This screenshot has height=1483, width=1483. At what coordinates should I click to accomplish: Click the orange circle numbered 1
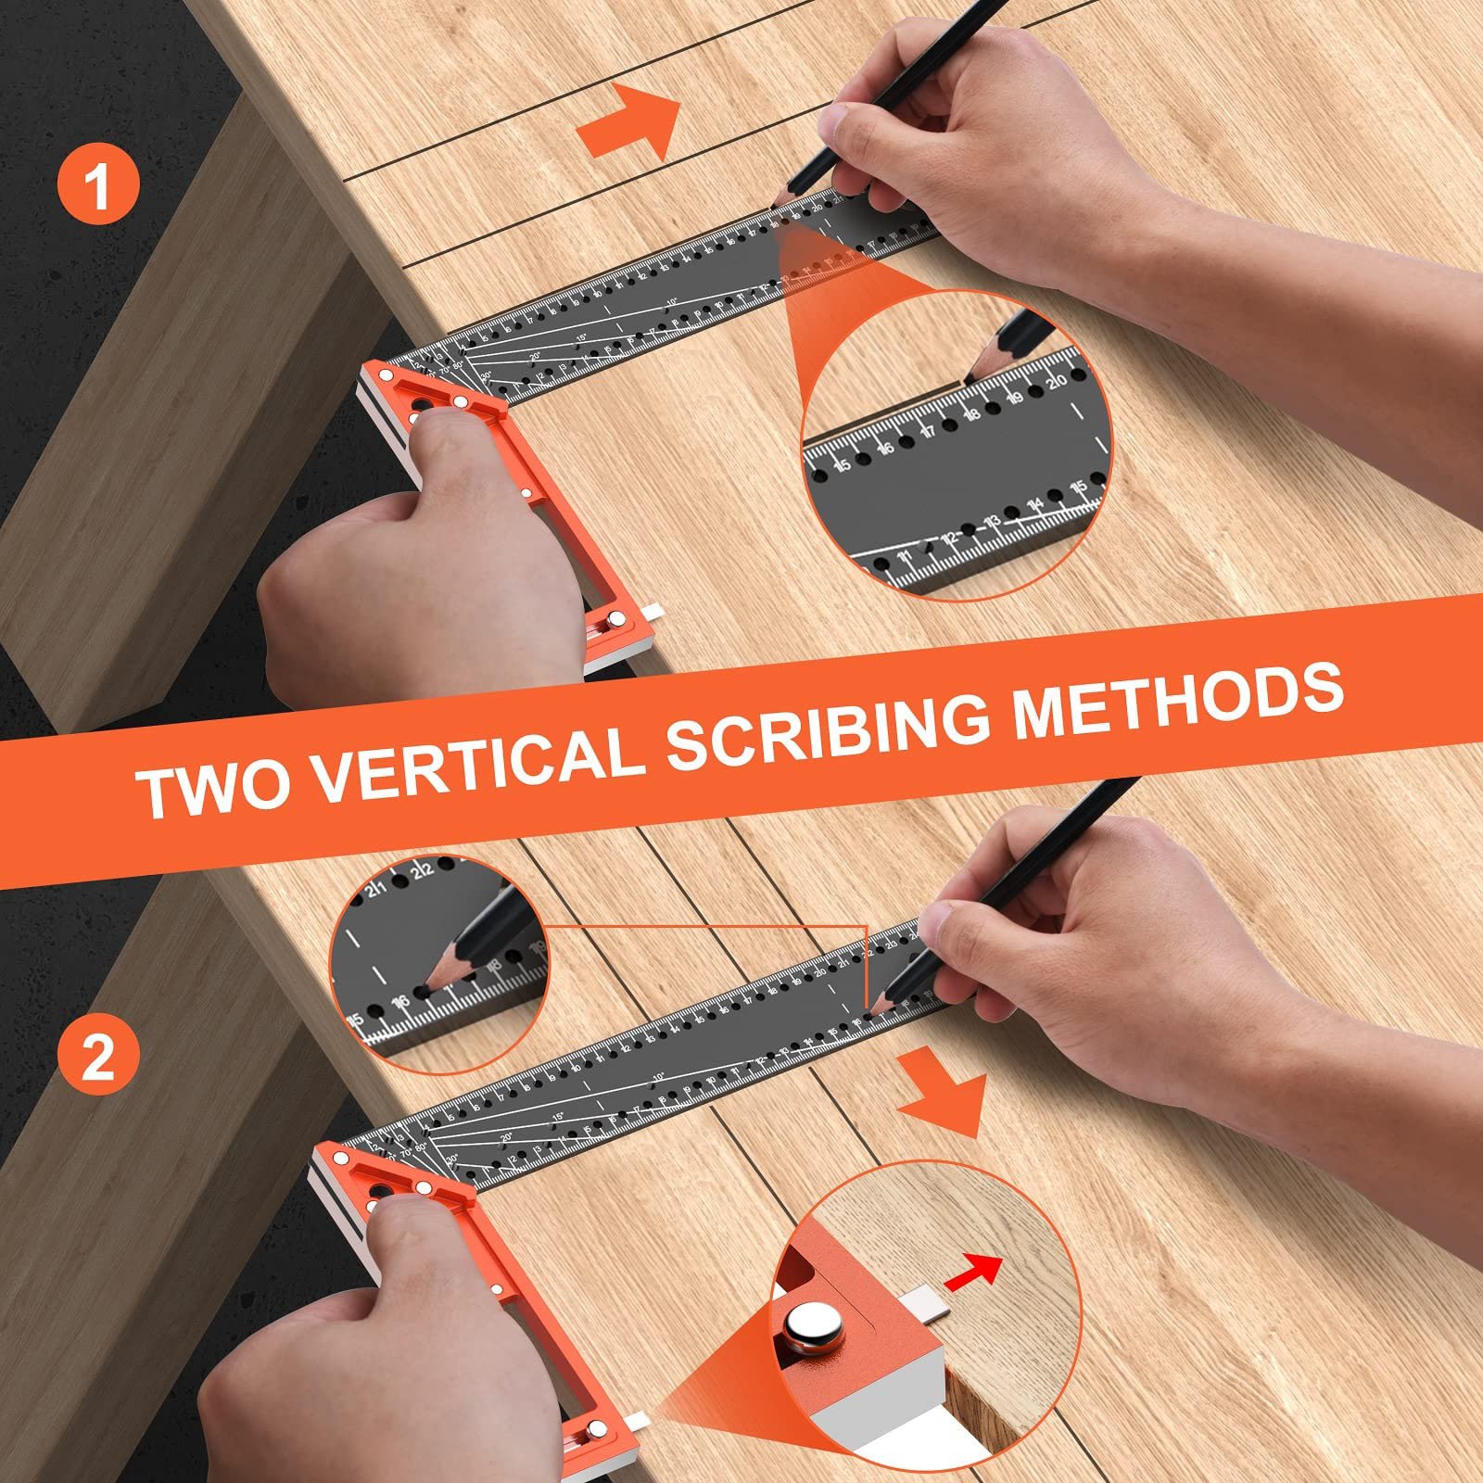pyautogui.click(x=98, y=185)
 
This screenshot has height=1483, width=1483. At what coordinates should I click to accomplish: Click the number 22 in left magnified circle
pyautogui.click(x=423, y=870)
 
